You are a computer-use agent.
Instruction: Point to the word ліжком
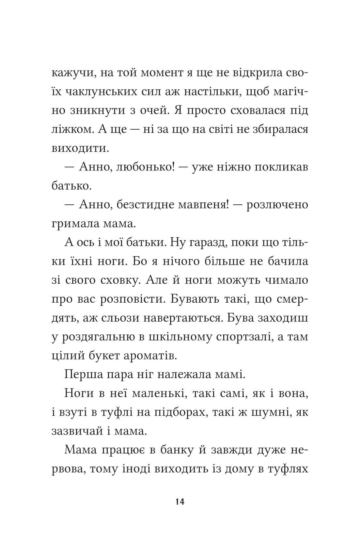pos(73,129)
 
